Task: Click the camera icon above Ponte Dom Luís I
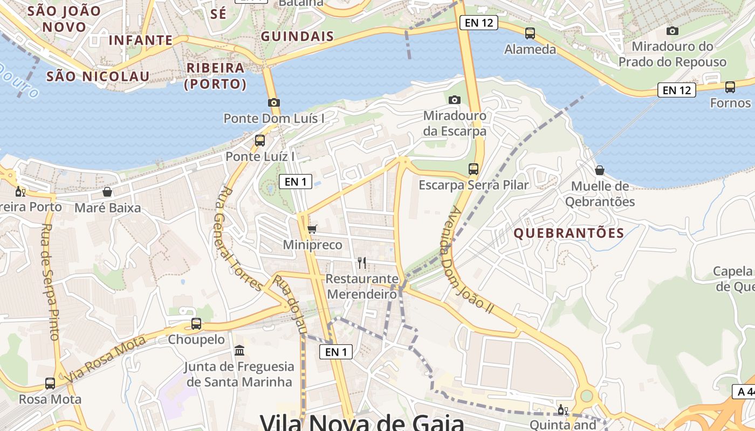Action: point(274,102)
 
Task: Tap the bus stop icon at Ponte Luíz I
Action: point(260,141)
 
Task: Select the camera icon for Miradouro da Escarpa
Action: point(455,100)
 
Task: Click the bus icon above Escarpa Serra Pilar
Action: point(473,169)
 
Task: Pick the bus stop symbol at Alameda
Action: point(530,33)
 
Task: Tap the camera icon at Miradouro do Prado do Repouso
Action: point(672,31)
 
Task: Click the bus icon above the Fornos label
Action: point(730,87)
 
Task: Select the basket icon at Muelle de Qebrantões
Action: point(600,171)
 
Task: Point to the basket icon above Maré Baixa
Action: point(107,192)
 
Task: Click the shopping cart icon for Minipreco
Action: point(312,229)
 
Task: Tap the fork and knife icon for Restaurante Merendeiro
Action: point(362,263)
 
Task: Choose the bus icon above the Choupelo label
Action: point(196,324)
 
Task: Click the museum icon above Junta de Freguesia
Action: point(239,351)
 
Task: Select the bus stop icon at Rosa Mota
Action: point(50,384)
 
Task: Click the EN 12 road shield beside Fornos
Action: point(677,90)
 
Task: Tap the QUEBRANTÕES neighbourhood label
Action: point(569,233)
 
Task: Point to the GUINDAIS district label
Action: point(297,37)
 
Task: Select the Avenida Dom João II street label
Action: point(467,260)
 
